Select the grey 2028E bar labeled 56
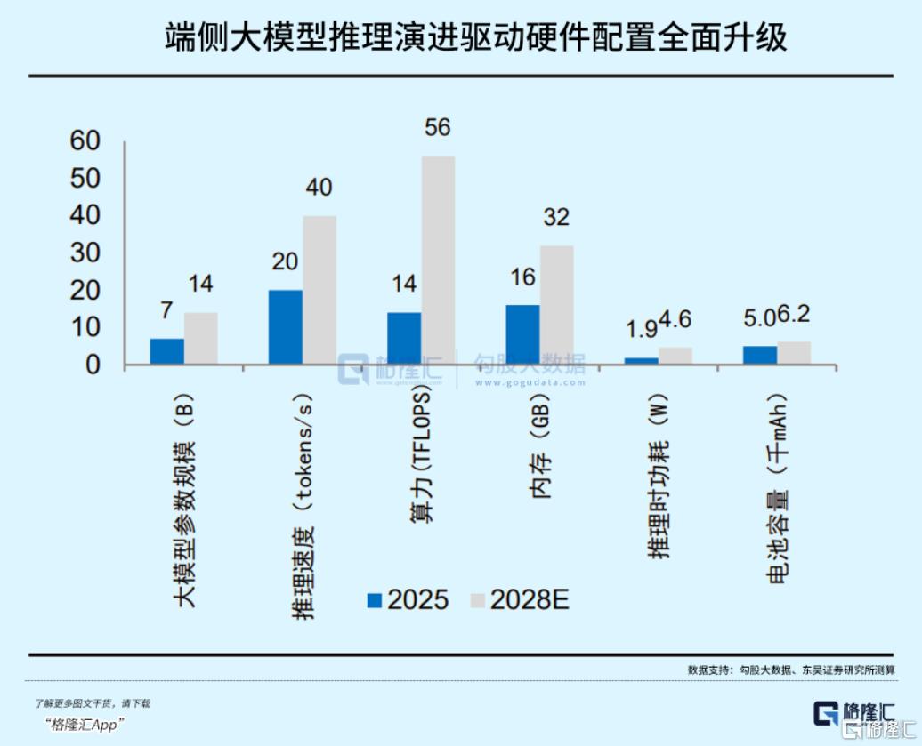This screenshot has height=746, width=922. click(x=437, y=261)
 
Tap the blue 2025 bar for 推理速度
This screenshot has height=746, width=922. click(x=285, y=326)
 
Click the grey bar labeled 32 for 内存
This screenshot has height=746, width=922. click(x=556, y=305)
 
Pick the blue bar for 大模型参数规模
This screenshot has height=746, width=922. click(x=166, y=351)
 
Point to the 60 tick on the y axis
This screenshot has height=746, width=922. click(x=86, y=141)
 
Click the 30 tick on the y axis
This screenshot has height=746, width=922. click(x=86, y=253)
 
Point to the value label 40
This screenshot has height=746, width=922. click(x=319, y=188)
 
